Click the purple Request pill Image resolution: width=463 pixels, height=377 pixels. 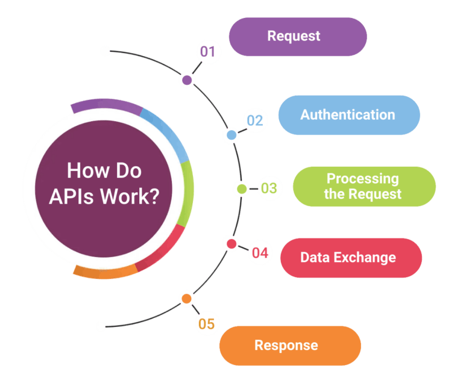[x=297, y=36]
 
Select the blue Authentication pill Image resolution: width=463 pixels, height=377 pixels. [x=348, y=114]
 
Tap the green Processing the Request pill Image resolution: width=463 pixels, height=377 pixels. [x=364, y=186]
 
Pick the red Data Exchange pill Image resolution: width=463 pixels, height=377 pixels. [x=351, y=258]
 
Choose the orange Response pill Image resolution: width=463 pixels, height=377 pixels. [x=289, y=346]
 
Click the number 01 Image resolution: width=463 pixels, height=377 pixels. [x=208, y=52]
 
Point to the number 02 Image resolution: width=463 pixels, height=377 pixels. [x=255, y=120]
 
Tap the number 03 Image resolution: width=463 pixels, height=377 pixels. [x=269, y=188]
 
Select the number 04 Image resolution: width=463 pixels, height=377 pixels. [x=260, y=252]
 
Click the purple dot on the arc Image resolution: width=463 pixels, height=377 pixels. [x=187, y=79]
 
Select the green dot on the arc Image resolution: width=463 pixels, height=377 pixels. [x=242, y=189]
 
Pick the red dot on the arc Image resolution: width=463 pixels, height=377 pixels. [x=231, y=244]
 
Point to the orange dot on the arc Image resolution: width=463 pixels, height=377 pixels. [x=186, y=299]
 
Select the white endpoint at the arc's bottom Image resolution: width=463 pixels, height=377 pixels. [x=101, y=326]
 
